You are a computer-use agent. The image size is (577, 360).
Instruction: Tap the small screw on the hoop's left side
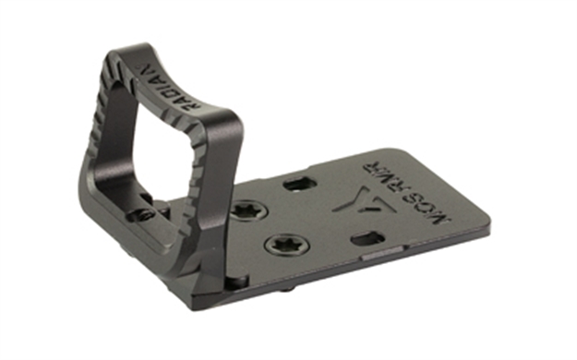coord(140,214)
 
